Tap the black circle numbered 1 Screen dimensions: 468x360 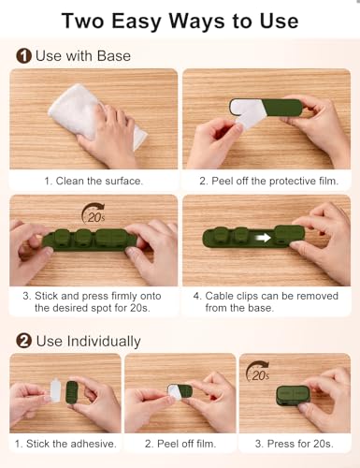tap(22, 56)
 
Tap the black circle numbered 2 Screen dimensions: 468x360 tap(22, 341)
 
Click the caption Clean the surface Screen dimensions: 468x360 tap(94, 180)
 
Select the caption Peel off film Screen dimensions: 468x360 tap(180, 443)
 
